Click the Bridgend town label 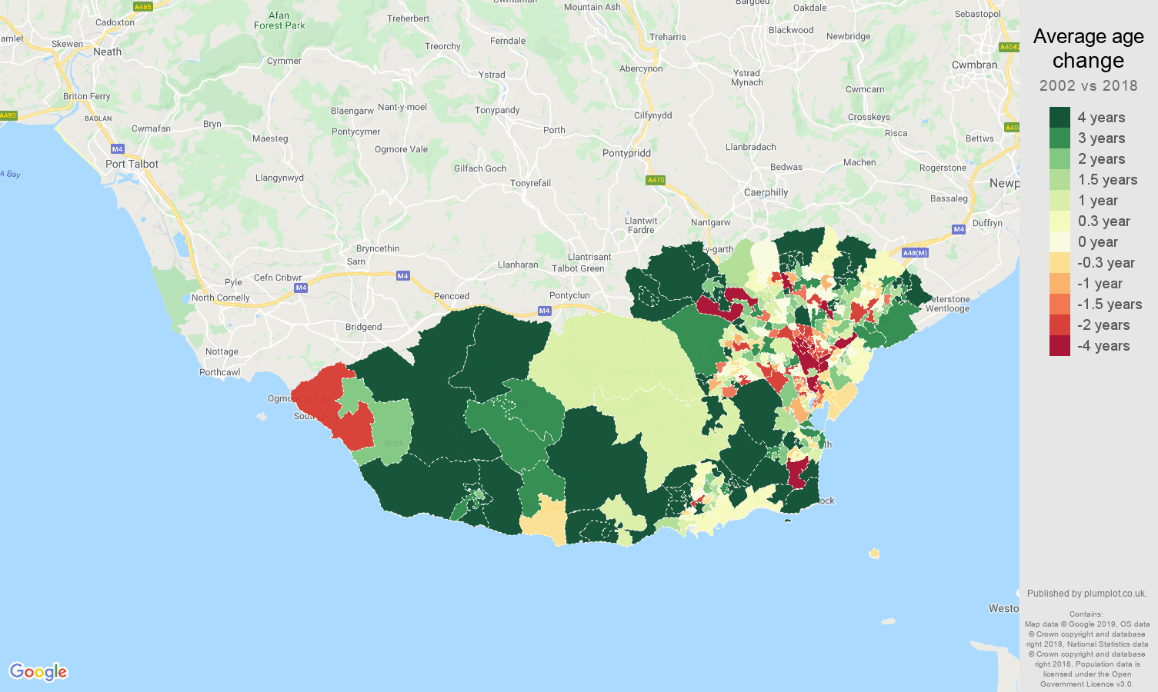coord(363,327)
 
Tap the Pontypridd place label coord(626,153)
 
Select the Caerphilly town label coord(766,192)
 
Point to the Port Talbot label coord(132,164)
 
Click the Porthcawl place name coord(219,372)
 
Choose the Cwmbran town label coord(974,65)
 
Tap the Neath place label coord(107,52)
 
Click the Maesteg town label coord(270,138)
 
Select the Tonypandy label coord(497,110)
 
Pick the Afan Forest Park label coord(279,20)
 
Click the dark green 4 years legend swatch coord(1060,117)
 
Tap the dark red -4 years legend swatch coord(1060,346)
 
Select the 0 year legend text coord(1097,242)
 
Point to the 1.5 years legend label coord(1107,180)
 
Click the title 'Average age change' coord(1088,48)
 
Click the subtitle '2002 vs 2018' coord(1088,85)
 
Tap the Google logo coord(38,672)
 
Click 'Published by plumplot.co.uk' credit coord(1086,594)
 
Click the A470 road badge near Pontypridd coord(656,180)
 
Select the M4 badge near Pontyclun coord(545,311)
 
